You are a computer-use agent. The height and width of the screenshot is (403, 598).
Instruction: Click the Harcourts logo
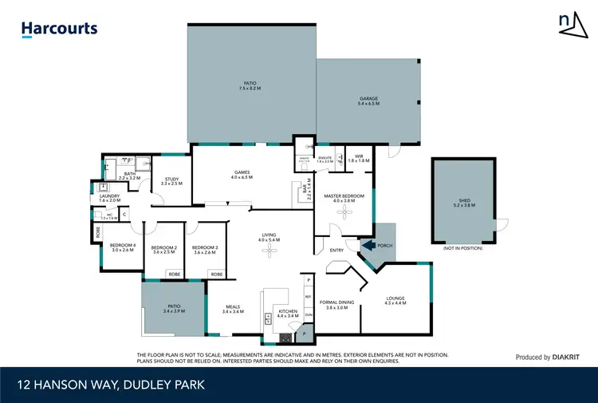tap(60, 29)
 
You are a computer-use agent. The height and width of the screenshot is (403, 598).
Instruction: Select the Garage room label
tap(368, 101)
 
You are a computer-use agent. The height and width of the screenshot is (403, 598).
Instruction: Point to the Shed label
tap(465, 203)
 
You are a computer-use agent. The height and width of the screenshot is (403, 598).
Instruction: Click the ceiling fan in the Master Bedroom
tap(344, 211)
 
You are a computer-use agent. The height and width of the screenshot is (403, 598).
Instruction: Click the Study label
tap(171, 181)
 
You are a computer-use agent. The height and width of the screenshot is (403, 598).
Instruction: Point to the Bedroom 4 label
tap(124, 247)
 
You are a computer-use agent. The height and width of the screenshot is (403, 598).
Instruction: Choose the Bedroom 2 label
tap(163, 250)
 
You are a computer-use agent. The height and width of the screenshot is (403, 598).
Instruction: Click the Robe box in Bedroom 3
tap(215, 275)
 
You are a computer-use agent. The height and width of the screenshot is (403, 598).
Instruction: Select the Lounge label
tap(395, 301)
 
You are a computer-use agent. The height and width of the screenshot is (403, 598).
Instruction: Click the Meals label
tap(233, 310)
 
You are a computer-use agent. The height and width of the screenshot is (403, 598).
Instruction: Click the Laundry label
tap(109, 198)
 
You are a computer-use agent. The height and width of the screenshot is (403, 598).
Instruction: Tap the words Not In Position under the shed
tap(464, 249)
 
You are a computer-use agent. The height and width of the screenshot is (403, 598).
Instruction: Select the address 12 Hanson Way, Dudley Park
tap(111, 385)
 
